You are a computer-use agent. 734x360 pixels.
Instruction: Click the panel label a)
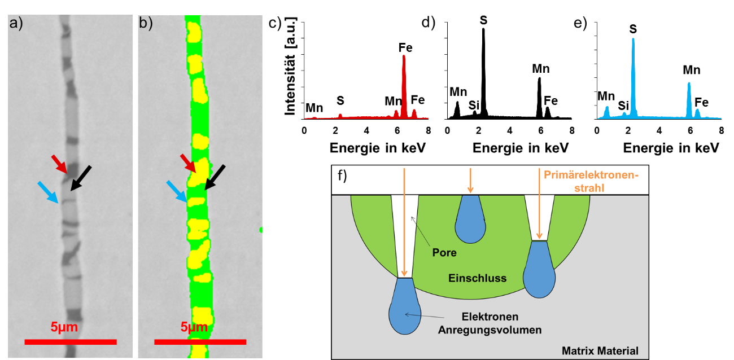pyautogui.click(x=16, y=24)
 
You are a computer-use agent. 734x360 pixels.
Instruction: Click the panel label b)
pyautogui.click(x=146, y=24)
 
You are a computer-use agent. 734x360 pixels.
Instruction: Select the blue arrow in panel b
pyautogui.click(x=177, y=191)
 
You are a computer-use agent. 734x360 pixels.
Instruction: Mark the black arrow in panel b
pyautogui.click(x=215, y=177)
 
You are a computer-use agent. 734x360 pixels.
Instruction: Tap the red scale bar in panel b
pyautogui.click(x=200, y=341)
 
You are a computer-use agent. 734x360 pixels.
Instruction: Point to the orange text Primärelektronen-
pyautogui.click(x=591, y=175)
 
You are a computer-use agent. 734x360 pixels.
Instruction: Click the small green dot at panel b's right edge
pyautogui.click(x=261, y=230)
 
